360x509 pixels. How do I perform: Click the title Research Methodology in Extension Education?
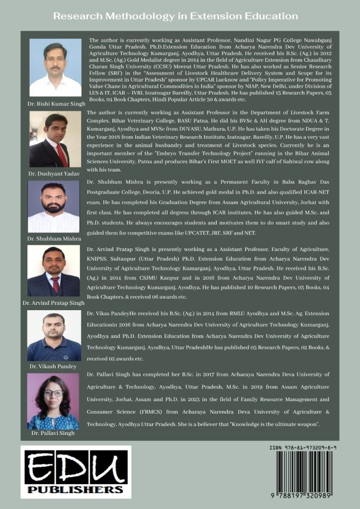176,16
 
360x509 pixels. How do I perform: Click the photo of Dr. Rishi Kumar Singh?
55,68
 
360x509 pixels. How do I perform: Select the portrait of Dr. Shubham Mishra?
54,206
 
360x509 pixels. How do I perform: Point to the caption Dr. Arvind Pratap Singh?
54,302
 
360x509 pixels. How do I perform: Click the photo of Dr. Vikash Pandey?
54,336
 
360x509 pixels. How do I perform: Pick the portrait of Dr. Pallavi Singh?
53,401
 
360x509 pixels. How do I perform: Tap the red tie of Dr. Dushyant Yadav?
62,155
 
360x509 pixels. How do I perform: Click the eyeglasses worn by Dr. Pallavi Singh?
53,393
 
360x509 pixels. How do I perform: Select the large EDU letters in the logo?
76,468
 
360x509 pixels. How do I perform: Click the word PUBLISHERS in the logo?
76,490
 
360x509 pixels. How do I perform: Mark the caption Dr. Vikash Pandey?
54,367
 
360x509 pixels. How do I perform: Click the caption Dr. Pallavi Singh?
53,433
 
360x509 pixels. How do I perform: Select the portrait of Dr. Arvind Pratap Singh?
54,271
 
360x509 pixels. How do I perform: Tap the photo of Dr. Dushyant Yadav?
55,139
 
